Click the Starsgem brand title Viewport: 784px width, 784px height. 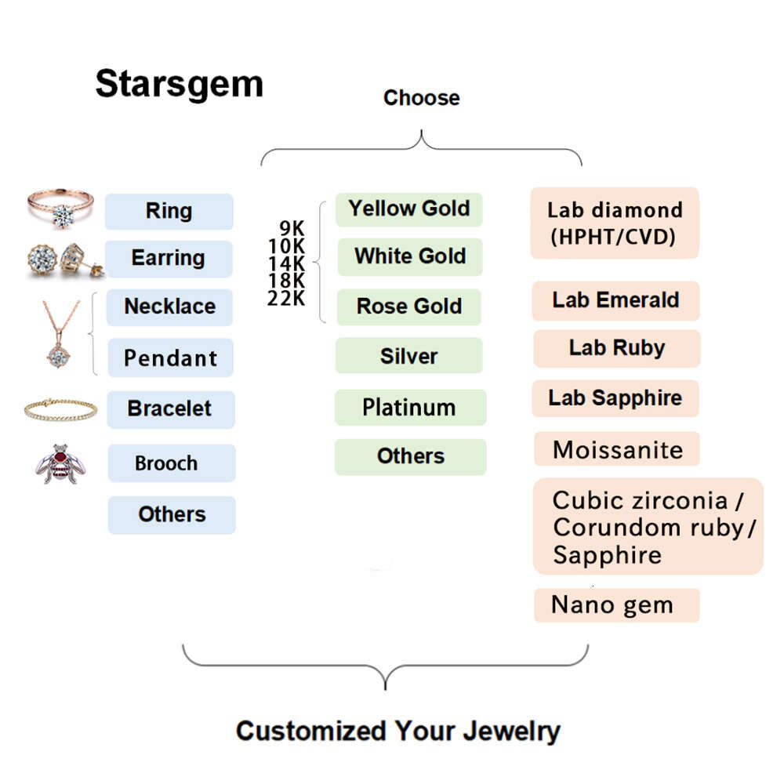pyautogui.click(x=179, y=83)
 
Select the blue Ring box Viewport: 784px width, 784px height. pyautogui.click(x=169, y=211)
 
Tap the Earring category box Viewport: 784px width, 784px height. pyautogui.click(x=169, y=258)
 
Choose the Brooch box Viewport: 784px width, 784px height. pyautogui.click(x=171, y=463)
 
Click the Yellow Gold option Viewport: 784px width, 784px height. pyautogui.click(x=408, y=209)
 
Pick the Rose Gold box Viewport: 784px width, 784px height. pyautogui.click(x=408, y=307)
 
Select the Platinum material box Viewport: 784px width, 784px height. pyautogui.click(x=409, y=407)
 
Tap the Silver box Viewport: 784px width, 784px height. pyautogui.click(x=408, y=356)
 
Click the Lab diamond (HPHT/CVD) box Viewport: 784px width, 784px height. pyautogui.click(x=615, y=223)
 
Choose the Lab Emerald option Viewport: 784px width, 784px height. pyautogui.click(x=615, y=300)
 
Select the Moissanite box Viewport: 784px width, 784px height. pyautogui.click(x=616, y=449)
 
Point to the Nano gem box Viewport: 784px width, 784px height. pyautogui.click(x=615, y=605)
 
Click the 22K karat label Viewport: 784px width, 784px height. pyautogui.click(x=285, y=299)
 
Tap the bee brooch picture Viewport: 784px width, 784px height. pyautogui.click(x=60, y=463)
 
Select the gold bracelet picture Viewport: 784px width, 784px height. pyautogui.click(x=60, y=408)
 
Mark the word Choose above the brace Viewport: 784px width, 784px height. pyautogui.click(x=421, y=98)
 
